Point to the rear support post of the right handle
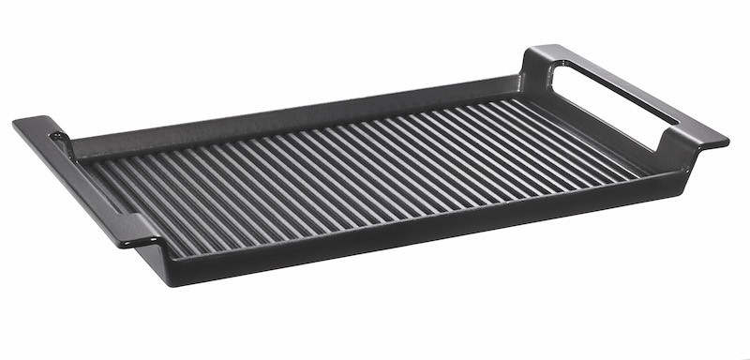[536, 71]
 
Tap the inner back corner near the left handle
[79, 156]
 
